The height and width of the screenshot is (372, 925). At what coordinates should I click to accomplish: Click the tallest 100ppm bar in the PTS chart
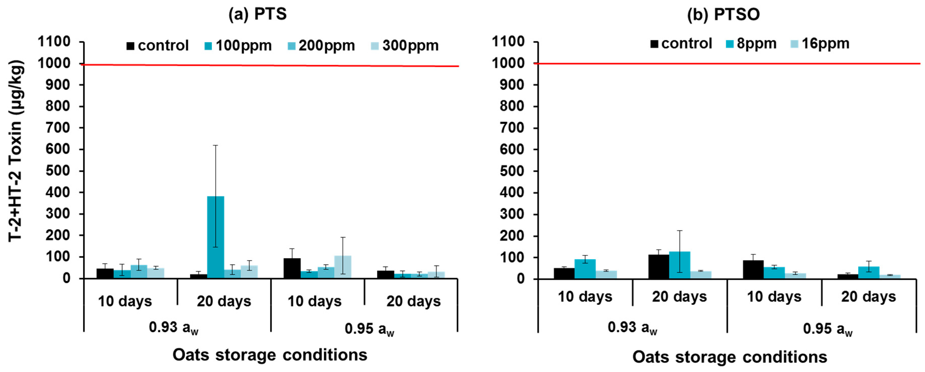[x=215, y=237]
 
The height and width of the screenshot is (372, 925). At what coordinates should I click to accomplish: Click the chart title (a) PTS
[x=257, y=14]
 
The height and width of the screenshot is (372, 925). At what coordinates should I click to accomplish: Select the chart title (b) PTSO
[x=723, y=15]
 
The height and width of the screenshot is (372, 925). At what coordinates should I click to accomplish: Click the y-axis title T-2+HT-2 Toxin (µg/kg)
[x=16, y=151]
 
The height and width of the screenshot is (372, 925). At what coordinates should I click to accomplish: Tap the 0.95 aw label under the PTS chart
[x=369, y=329]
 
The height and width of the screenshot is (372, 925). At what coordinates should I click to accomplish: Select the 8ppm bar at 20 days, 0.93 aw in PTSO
[x=679, y=265]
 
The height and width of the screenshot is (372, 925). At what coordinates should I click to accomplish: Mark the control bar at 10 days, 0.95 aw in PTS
[x=292, y=268]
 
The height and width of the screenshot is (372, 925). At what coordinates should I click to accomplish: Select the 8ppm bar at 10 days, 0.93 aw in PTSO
[x=585, y=269]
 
